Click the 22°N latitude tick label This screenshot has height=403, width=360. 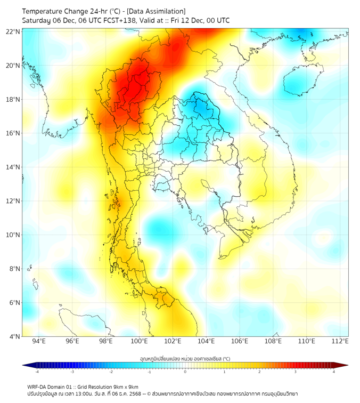tap(13, 32)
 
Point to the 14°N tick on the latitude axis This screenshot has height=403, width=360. tap(13, 167)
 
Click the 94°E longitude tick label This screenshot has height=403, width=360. tap(39, 341)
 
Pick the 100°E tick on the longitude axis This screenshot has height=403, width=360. tap(140, 341)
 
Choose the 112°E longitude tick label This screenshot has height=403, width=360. tap(340, 341)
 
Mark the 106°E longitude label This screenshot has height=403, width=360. tap(240, 341)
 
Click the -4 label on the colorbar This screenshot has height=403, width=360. tap(37, 372)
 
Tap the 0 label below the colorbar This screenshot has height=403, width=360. tap(185, 372)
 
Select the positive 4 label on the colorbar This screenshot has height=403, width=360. tap(334, 372)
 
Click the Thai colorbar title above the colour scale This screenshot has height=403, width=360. tap(185, 358)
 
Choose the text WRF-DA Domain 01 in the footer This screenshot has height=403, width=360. tap(48, 387)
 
